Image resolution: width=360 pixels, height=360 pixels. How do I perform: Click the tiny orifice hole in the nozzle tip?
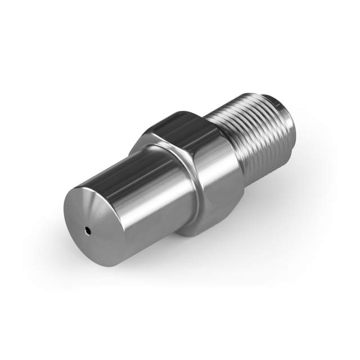pos(88,229)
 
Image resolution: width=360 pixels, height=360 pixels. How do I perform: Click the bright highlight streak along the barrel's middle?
pos(141,191)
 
